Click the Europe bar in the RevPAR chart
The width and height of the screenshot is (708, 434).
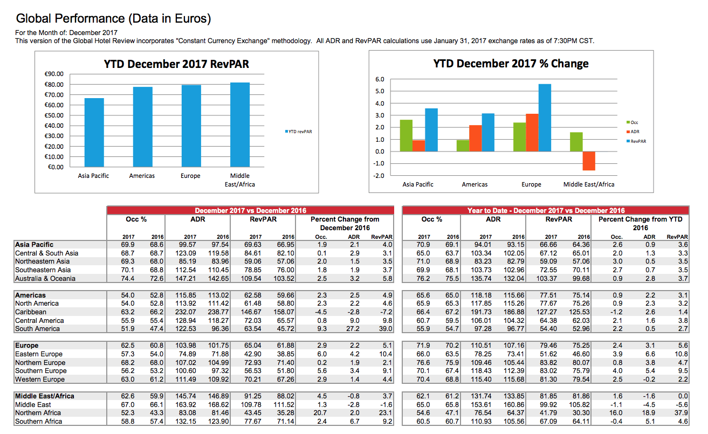pos(191,126)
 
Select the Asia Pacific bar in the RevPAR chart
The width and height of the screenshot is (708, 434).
pos(94,133)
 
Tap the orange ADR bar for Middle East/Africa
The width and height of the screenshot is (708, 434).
pos(589,161)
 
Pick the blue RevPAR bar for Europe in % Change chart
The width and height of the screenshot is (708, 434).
pos(545,118)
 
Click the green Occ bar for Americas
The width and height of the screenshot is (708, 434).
pos(463,146)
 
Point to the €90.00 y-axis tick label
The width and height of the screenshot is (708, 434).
pos(54,74)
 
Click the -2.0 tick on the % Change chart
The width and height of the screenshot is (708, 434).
pos(379,176)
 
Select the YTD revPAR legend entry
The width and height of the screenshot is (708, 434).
pos(298,132)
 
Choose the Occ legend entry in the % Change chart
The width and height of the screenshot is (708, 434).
pos(632,122)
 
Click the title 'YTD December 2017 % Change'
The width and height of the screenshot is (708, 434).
pos(511,64)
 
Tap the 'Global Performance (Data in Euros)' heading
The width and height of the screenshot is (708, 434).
pos(113,18)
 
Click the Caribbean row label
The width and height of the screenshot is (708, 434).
pos(31,312)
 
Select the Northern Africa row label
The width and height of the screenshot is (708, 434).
pos(38,413)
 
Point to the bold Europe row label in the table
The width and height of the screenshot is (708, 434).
pos(27,346)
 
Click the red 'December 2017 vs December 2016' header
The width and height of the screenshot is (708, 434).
pos(250,210)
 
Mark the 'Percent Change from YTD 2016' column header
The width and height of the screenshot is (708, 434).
pos(641,224)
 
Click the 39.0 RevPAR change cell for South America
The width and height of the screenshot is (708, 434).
pos(386,329)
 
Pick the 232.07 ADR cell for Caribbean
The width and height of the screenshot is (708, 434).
pos(185,312)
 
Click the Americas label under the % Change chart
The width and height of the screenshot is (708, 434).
pos(475,184)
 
